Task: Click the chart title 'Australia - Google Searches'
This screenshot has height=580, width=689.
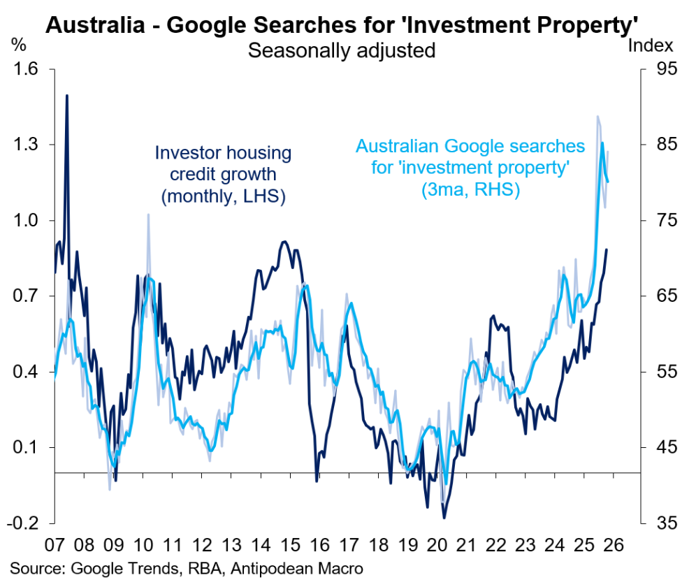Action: [342, 26]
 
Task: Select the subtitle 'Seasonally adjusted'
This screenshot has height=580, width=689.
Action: [342, 50]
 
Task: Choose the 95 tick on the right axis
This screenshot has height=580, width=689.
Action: [662, 69]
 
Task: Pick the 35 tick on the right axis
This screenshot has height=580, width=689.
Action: [662, 523]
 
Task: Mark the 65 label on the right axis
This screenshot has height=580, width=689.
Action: [662, 296]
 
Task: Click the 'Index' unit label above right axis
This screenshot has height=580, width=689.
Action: [651, 46]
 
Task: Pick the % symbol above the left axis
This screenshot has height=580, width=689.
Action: [18, 46]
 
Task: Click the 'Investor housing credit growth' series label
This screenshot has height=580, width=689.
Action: [223, 175]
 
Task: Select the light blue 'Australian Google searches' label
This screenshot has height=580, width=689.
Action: [470, 168]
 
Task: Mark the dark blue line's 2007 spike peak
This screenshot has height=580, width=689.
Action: [67, 95]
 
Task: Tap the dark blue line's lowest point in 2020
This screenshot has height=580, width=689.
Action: [443, 518]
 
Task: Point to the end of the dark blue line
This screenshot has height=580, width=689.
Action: [607, 249]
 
